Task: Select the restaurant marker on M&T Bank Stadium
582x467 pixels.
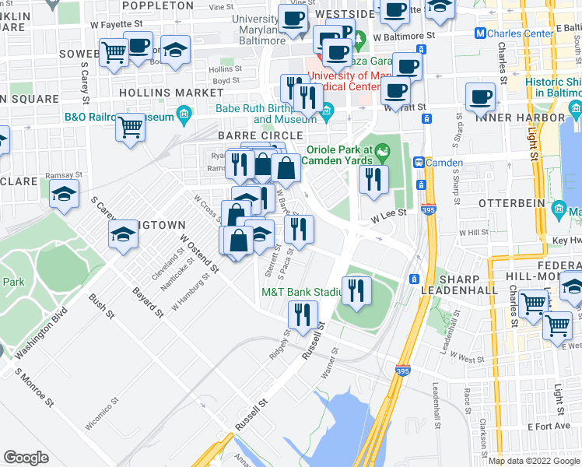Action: point(356,291)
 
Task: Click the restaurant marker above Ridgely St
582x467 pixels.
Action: point(302,314)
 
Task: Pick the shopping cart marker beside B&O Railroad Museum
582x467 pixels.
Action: point(130,126)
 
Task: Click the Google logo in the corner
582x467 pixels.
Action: point(26,458)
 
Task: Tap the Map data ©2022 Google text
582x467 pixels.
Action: point(535,461)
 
